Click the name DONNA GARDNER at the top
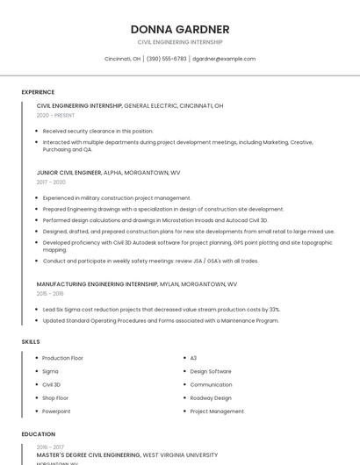(180, 30)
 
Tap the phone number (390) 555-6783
(167, 59)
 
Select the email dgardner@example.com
(224, 59)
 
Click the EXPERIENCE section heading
(38, 91)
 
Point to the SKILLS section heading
(30, 341)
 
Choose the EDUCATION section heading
(38, 433)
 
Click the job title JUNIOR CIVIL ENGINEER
(69, 173)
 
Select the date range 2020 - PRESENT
(55, 115)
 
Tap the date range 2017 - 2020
(51, 182)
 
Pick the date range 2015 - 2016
(50, 294)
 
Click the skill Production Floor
(62, 358)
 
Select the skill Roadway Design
(211, 397)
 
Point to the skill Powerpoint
(56, 411)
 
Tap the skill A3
(193, 358)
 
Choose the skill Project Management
(217, 411)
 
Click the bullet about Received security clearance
(97, 131)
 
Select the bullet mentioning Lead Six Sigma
(161, 310)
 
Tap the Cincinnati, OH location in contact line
(122, 59)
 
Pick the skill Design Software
(211, 371)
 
